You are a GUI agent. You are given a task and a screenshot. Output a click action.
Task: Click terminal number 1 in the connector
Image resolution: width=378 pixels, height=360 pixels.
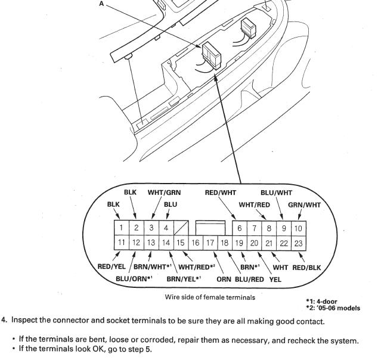(x=120, y=228)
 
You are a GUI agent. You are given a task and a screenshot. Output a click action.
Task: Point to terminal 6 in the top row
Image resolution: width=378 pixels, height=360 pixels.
(x=240, y=228)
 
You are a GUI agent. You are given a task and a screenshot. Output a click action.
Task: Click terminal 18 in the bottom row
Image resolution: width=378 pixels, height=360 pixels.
(x=225, y=243)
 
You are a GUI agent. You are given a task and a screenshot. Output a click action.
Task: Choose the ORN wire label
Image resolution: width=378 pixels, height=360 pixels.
(x=225, y=278)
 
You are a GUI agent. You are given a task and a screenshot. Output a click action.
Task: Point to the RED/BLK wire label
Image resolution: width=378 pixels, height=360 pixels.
(x=306, y=267)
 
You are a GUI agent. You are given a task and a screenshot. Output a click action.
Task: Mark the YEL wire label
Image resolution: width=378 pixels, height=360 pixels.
(x=275, y=278)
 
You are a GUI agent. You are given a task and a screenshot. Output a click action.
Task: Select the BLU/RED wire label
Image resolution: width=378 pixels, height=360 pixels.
(x=250, y=278)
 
